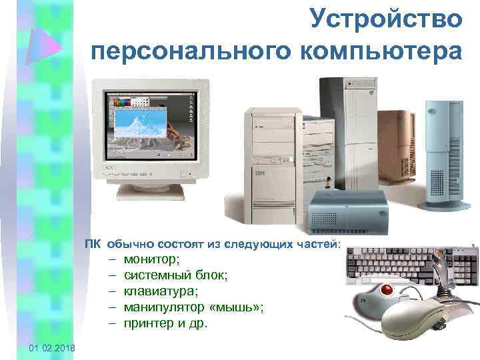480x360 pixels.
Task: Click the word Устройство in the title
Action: coord(385,19)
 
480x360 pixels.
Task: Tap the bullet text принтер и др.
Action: coord(166,323)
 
